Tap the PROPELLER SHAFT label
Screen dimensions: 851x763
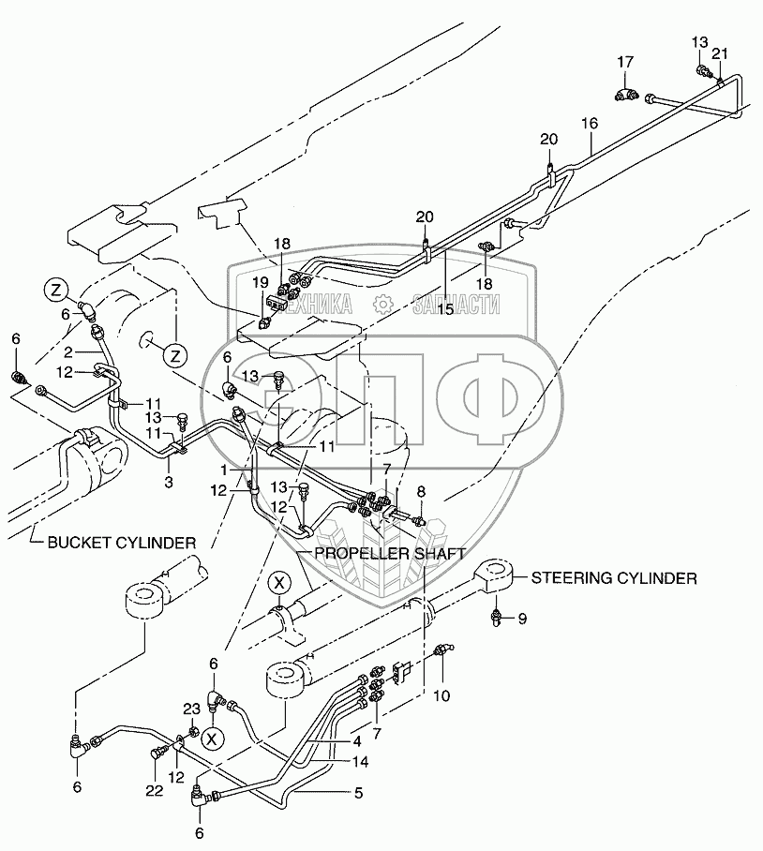click(x=389, y=553)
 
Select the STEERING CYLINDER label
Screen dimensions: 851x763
click(x=614, y=578)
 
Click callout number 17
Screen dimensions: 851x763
click(x=625, y=62)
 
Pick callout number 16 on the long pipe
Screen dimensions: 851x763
click(x=589, y=122)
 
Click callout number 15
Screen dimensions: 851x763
click(x=444, y=308)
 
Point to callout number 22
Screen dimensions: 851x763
click(x=155, y=791)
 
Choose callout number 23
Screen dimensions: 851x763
click(x=192, y=709)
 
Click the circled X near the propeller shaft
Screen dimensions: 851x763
click(x=277, y=582)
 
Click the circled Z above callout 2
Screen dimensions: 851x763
click(x=55, y=288)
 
